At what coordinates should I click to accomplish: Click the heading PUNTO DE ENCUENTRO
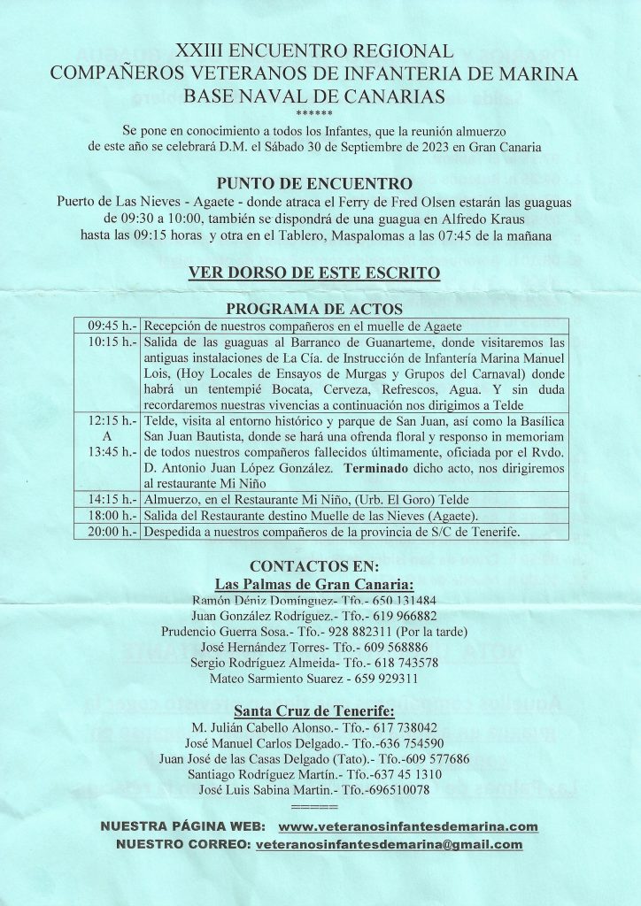314,184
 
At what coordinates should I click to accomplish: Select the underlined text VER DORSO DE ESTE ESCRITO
314,273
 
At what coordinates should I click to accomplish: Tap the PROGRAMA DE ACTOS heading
314,309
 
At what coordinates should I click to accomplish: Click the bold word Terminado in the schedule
380,468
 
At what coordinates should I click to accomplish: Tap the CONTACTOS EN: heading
314,566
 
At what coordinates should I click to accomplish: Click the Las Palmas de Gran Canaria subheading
314,584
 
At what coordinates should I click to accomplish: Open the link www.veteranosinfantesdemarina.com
408,826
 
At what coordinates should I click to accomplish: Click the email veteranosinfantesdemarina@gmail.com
388,845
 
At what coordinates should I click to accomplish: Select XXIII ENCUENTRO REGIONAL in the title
314,52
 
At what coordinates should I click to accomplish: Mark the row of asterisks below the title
314,114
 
